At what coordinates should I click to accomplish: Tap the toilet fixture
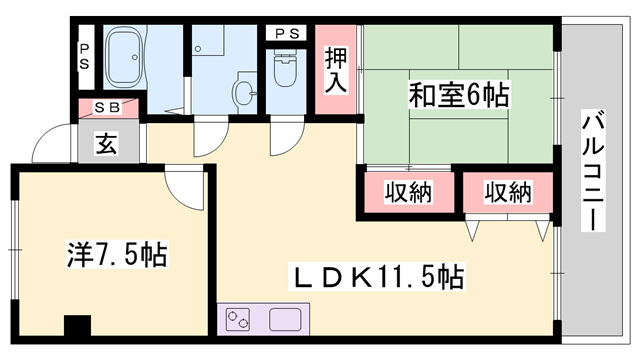[286, 70]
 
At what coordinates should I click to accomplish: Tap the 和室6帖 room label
[458, 97]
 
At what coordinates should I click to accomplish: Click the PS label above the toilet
[286, 34]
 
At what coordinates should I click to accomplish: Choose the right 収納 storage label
[507, 192]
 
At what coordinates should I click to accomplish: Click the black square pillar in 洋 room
[76, 328]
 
